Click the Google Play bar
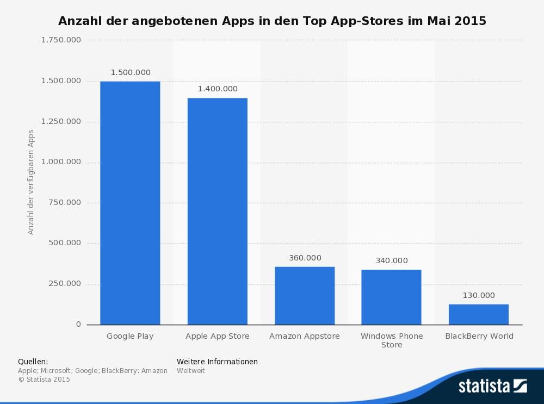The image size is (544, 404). tap(130, 203)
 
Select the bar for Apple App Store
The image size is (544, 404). tap(217, 211)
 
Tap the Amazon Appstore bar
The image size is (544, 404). tap(304, 295)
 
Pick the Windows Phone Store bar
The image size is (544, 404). tap(391, 297)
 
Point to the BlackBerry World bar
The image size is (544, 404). tap(478, 314)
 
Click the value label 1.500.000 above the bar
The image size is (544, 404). tap(131, 72)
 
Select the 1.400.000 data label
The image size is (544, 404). tap(218, 89)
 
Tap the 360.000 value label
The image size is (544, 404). tap(305, 258)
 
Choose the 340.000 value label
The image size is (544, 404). tap(391, 260)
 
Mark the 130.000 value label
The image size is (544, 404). tap(479, 295)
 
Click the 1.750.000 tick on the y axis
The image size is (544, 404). tap(61, 40)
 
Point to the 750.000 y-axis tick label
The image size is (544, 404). tap(64, 202)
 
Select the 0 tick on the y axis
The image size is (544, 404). tap(78, 324)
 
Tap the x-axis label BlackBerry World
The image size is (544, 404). tap(479, 336)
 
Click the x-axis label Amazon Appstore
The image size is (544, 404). tap(305, 336)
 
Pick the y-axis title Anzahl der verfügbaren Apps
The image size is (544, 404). tap(31, 182)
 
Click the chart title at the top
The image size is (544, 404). tap(272, 21)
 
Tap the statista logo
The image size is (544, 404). tap(492, 386)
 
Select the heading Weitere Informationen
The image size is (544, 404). tap(217, 362)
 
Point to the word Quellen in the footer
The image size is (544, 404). tap(33, 362)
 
